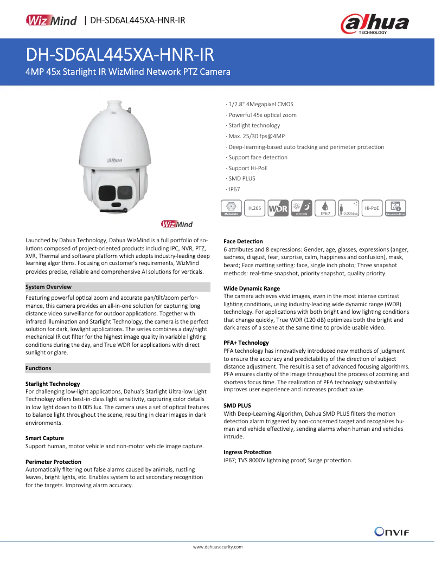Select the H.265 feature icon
click(x=254, y=208)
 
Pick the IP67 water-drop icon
click(x=325, y=208)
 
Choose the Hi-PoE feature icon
click(x=372, y=208)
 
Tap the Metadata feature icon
click(x=232, y=208)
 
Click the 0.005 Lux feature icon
click(x=349, y=208)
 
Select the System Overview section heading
click(x=48, y=287)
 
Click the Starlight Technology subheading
click(x=53, y=384)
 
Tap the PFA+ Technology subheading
click(x=246, y=343)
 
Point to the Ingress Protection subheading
click(x=247, y=452)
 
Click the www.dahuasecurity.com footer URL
click(x=217, y=547)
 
